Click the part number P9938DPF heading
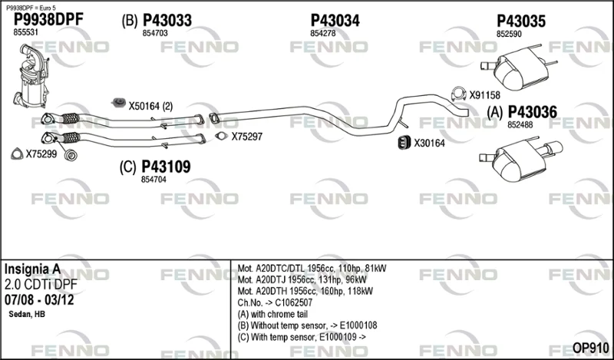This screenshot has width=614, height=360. point(48,20)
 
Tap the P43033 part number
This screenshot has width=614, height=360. point(167,21)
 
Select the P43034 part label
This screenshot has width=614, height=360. point(335,21)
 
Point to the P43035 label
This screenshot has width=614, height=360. point(521,21)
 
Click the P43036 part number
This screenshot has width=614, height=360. point(533,112)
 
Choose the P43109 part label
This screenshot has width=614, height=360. point(166,167)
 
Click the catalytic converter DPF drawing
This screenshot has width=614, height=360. point(31,76)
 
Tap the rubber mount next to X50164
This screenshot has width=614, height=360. point(118,103)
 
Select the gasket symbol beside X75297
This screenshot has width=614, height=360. point(222,137)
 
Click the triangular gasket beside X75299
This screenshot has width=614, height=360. point(17,154)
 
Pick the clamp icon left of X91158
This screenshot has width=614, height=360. point(458,94)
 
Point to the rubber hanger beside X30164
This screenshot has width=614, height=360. point(404,143)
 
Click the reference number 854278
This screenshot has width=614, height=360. point(323,34)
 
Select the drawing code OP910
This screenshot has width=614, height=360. point(590,348)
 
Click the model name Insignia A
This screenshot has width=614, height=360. point(32,269)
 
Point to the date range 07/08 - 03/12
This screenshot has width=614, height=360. point(39,300)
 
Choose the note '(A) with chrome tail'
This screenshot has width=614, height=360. point(272,314)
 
